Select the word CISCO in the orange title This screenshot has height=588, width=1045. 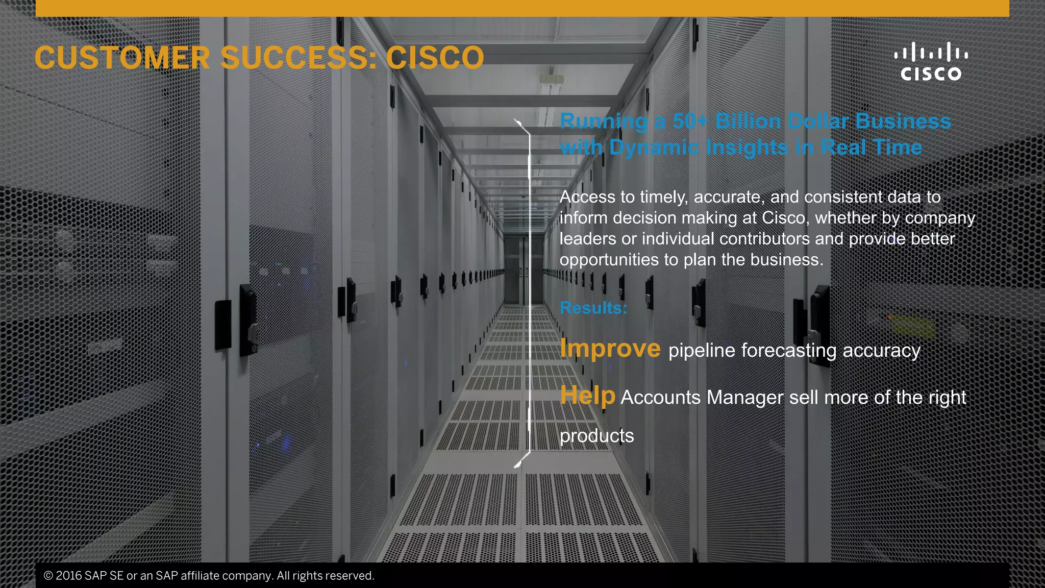tap(435, 58)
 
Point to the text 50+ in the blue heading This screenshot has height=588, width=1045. tap(690, 121)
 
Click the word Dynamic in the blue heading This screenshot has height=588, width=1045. tap(655, 148)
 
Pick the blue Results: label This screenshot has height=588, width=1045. tap(593, 308)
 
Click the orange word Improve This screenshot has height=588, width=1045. tap(610, 349)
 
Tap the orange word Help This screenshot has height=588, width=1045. tap(588, 396)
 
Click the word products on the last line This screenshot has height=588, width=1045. tap(597, 436)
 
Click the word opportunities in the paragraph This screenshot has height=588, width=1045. tap(609, 260)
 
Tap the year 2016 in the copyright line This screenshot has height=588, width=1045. tap(68, 576)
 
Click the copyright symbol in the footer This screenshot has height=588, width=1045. tap(48, 576)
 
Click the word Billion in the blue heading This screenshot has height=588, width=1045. tap(748, 121)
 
